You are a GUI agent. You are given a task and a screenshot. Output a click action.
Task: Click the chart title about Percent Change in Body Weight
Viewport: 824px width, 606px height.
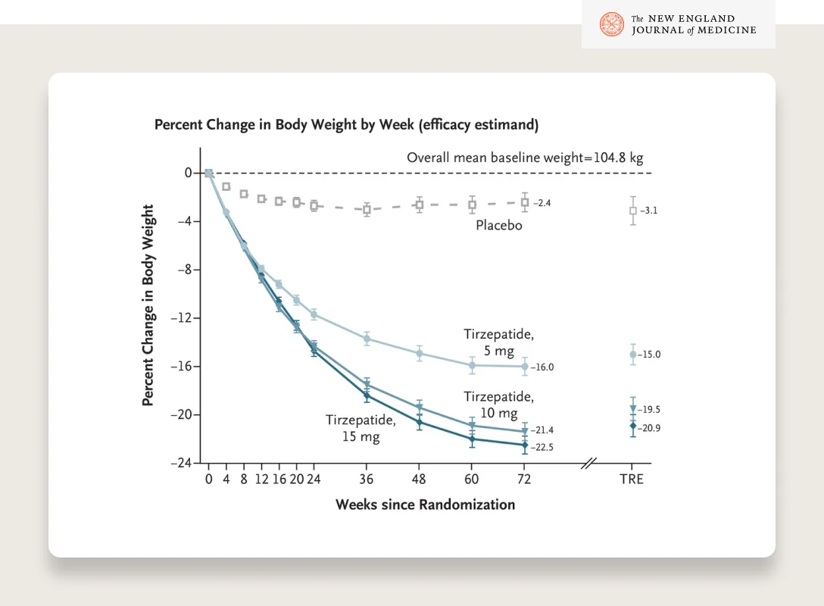coord(346,124)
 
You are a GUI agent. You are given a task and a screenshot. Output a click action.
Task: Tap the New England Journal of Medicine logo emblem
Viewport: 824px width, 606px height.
coord(611,24)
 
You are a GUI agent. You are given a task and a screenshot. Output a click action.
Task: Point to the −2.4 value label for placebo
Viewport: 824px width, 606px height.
coord(542,204)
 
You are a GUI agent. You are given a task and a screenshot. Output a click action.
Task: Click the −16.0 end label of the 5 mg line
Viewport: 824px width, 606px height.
coord(543,367)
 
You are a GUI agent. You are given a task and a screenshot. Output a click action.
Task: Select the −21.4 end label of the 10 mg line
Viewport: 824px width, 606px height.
coord(543,430)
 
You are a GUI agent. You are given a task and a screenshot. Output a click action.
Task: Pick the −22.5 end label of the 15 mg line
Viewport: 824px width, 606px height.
coord(543,448)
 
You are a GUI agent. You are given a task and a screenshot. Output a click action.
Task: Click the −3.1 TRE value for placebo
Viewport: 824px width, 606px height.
coord(648,211)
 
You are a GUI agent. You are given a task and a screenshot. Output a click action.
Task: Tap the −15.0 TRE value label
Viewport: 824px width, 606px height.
coord(650,355)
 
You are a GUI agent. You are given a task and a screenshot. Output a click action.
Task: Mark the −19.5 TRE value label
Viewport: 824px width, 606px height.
coord(650,410)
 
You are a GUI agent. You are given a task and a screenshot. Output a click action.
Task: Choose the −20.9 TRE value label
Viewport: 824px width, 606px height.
coord(650,428)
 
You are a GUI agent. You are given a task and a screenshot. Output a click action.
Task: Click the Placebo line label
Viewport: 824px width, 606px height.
coord(498,226)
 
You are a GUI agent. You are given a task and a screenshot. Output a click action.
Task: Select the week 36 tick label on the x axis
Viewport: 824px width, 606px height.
coord(367,479)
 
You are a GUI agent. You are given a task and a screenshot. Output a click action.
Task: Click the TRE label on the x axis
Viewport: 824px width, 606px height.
coord(632,479)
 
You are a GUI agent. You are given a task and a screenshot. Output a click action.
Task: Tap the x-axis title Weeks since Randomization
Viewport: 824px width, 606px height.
coord(425,504)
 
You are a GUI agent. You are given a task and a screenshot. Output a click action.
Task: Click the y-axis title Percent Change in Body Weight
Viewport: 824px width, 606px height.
coord(148,305)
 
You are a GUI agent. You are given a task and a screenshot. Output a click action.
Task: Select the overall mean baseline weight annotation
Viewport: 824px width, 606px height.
coord(525,158)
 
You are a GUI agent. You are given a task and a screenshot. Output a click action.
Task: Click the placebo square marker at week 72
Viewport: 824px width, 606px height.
coord(524,202)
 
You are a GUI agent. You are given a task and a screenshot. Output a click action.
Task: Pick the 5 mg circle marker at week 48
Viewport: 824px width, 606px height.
coord(419,353)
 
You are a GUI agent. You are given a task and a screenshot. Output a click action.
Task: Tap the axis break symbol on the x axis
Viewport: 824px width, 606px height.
coord(589,463)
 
